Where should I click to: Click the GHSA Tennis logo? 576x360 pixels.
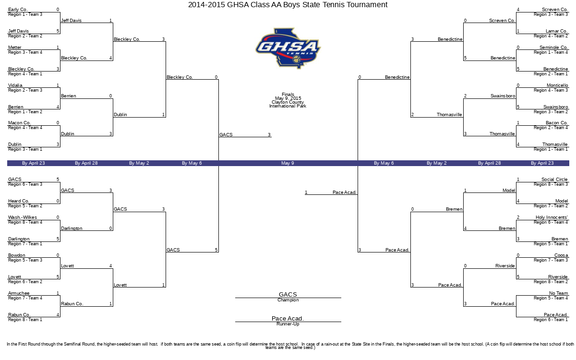pos(288,48)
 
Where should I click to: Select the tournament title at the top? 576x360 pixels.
pos(288,5)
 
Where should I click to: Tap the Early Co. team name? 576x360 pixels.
pos(18,10)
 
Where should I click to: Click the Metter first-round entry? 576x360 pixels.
pos(15,48)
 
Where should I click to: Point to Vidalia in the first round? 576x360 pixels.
pos(15,85)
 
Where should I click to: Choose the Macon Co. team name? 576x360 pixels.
pos(19,123)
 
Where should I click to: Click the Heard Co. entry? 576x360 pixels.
pos(19,201)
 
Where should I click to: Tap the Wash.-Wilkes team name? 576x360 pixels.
pos(23,217)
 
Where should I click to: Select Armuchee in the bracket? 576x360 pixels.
pos(19,293)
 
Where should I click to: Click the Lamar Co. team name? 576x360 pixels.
pos(557,31)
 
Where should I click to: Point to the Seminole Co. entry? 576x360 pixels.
pos(553,48)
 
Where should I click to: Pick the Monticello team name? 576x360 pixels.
pos(557,85)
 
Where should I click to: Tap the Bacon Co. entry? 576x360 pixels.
pos(557,123)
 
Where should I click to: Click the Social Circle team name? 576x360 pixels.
pos(554,179)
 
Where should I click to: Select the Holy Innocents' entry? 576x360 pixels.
pos(552,217)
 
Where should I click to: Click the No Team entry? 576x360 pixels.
pos(559,293)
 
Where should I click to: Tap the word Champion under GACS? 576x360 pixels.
pos(288,300)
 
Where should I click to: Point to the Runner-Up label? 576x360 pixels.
pos(288,324)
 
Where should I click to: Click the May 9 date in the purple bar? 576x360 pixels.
pos(288,163)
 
